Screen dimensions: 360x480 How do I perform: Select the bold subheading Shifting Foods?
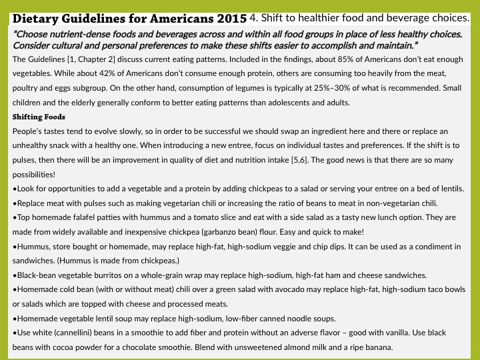(39, 117)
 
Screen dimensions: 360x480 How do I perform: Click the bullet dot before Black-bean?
(15, 275)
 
